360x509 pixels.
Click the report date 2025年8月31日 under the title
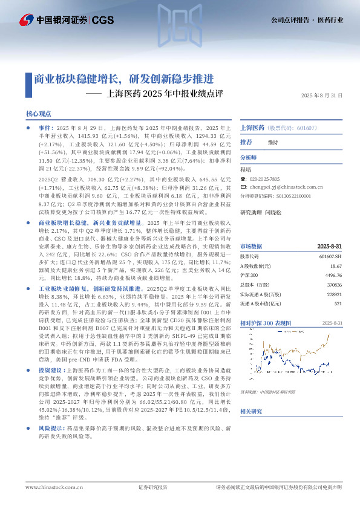[x=322, y=96]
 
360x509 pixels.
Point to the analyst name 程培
[x=245, y=170]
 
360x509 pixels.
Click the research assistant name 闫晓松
[x=274, y=213]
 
